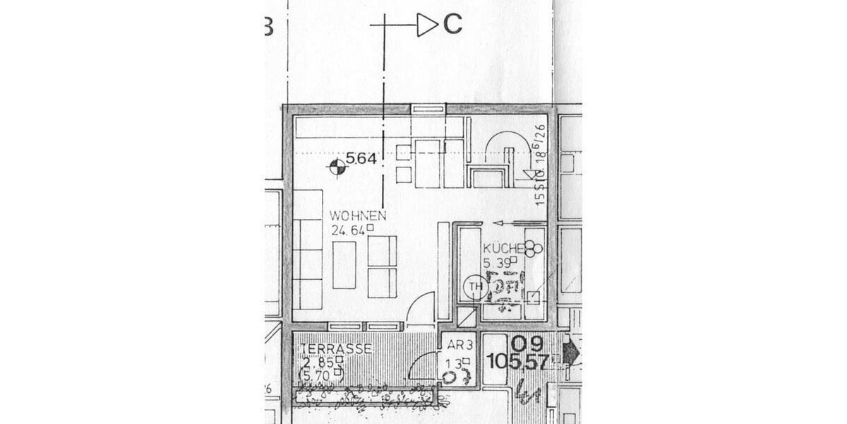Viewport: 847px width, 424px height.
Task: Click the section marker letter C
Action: click(452, 25)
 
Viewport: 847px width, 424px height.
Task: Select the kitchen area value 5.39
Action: click(498, 263)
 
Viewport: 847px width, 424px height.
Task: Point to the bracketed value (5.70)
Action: click(321, 375)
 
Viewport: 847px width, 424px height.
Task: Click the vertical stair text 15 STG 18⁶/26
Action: click(540, 165)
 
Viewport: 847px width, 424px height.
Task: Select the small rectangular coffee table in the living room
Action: click(344, 265)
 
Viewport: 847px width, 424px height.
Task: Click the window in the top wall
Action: click(428, 109)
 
